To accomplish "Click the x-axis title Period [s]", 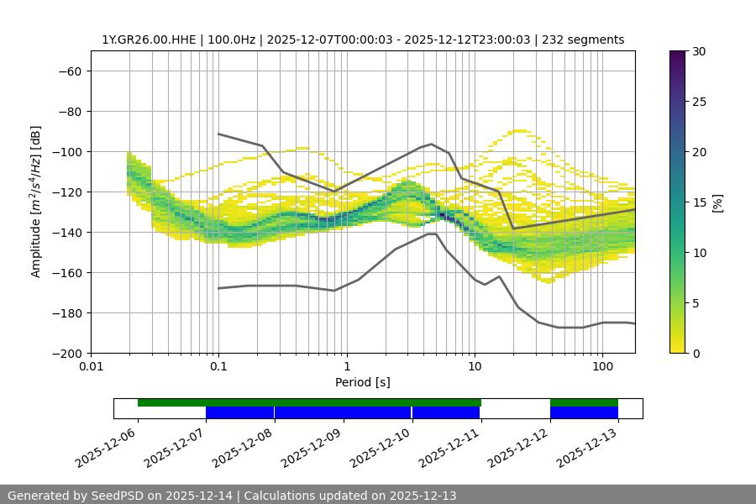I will (x=363, y=382).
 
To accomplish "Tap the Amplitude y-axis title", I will (x=36, y=202).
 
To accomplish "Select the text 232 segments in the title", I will (x=583, y=39).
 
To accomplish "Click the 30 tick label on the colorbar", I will (x=698, y=51).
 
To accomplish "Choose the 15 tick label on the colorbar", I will (x=698, y=202).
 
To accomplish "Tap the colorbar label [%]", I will (x=717, y=202).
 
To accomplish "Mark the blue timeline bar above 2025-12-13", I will (x=584, y=412).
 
